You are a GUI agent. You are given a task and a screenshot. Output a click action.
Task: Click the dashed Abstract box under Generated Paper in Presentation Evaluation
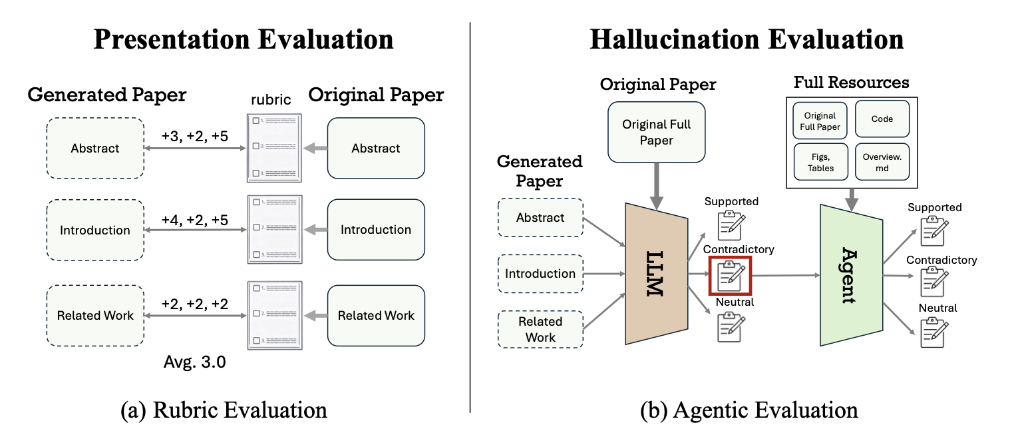click(x=95, y=148)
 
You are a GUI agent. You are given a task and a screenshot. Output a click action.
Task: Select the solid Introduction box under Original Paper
click(x=376, y=230)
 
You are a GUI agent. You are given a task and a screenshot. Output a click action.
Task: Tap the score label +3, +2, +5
click(x=195, y=135)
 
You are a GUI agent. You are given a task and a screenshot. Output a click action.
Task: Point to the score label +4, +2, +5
click(x=195, y=217)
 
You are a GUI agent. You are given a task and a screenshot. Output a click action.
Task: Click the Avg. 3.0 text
click(x=194, y=364)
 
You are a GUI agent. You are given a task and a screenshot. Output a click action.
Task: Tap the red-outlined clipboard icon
click(x=730, y=274)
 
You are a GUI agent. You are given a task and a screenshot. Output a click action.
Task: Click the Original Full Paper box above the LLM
click(x=657, y=132)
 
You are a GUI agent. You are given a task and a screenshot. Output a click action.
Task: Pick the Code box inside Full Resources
click(x=882, y=119)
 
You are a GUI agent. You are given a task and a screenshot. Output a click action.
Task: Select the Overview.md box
click(x=882, y=162)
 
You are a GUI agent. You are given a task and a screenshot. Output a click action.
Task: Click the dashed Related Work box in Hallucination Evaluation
click(x=540, y=329)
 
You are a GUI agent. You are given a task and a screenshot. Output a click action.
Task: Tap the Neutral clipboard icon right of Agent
click(x=934, y=331)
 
